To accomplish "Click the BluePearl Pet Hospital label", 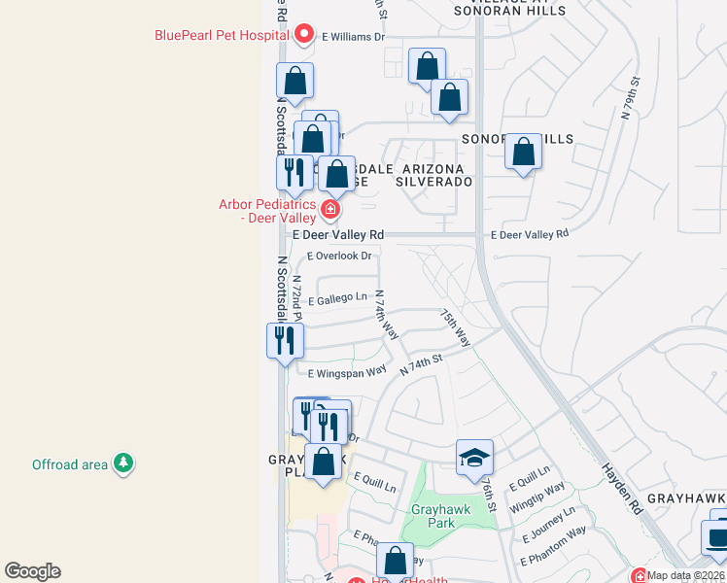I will pos(223,36).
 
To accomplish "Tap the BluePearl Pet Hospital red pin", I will pos(304,36).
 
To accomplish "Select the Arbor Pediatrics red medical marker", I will pos(330,209).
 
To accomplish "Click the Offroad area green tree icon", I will pos(122,463).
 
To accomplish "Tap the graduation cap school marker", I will pos(474,457).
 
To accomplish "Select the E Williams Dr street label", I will pos(354,37).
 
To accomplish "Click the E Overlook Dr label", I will pos(340,257).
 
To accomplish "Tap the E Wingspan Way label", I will pos(347,374).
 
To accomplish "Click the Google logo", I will pos(32,571).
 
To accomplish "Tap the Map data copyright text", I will pos(686,575).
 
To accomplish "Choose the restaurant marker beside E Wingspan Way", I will pos(285,340).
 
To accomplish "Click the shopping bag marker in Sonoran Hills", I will pos(523,153).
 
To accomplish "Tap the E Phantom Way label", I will pos(554,546).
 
